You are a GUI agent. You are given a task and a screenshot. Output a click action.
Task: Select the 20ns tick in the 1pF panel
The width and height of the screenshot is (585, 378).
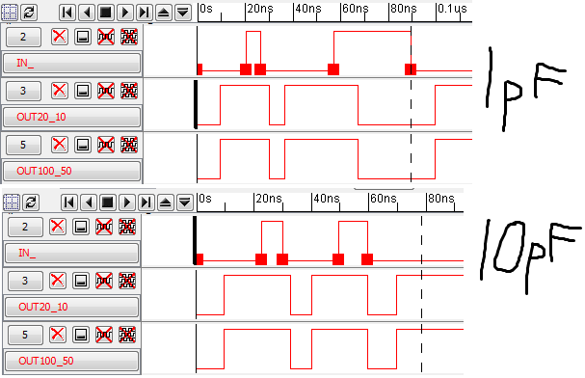click(x=259, y=8)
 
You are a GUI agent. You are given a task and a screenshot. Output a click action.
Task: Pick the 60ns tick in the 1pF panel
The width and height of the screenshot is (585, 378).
click(x=356, y=8)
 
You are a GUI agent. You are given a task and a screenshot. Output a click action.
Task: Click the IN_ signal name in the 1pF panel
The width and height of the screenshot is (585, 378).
click(x=73, y=65)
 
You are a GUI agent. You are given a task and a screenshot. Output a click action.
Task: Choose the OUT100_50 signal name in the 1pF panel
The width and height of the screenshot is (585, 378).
click(x=73, y=171)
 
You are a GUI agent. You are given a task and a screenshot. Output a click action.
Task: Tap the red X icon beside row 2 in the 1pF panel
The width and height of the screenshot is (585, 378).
click(x=59, y=37)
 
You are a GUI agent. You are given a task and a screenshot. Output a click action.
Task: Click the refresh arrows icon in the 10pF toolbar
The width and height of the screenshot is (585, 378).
click(x=32, y=202)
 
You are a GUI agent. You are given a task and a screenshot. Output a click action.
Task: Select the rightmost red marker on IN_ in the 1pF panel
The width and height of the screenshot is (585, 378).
click(x=411, y=68)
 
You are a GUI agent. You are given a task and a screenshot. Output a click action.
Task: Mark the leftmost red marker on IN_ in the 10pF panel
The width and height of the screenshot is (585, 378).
click(x=199, y=258)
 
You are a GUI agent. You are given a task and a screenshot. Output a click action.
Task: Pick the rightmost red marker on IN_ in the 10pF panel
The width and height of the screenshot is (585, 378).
click(x=367, y=258)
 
